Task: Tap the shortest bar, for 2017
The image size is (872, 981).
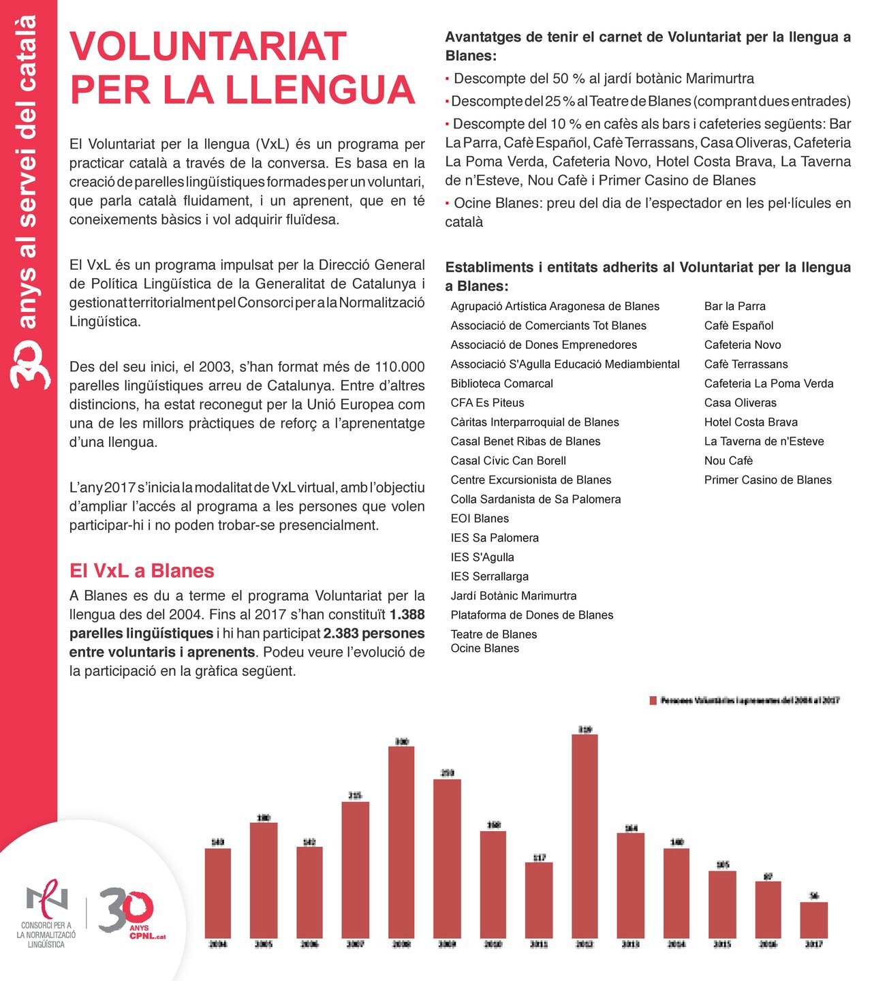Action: coord(813,920)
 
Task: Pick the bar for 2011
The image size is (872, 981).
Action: coord(539,899)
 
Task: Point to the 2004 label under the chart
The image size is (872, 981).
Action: coord(217,944)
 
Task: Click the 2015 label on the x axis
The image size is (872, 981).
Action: coord(722,944)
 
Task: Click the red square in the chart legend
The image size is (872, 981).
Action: coord(653,700)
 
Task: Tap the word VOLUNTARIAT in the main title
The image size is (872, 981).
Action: coord(208,46)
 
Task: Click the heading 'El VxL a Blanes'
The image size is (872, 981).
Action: coord(142,571)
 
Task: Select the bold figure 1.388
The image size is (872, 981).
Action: coord(407,614)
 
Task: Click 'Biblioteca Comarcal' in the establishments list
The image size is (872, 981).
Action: coord(501,384)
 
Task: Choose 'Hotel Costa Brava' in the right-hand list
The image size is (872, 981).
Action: coord(751,422)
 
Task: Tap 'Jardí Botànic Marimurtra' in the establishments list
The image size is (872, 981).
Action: coord(513,596)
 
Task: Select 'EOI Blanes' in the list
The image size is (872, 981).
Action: coord(480,518)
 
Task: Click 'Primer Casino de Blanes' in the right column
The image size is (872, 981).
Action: coord(768,480)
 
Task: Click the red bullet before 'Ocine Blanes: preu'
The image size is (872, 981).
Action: coord(447,203)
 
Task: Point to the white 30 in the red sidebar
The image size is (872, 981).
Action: coord(29,364)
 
